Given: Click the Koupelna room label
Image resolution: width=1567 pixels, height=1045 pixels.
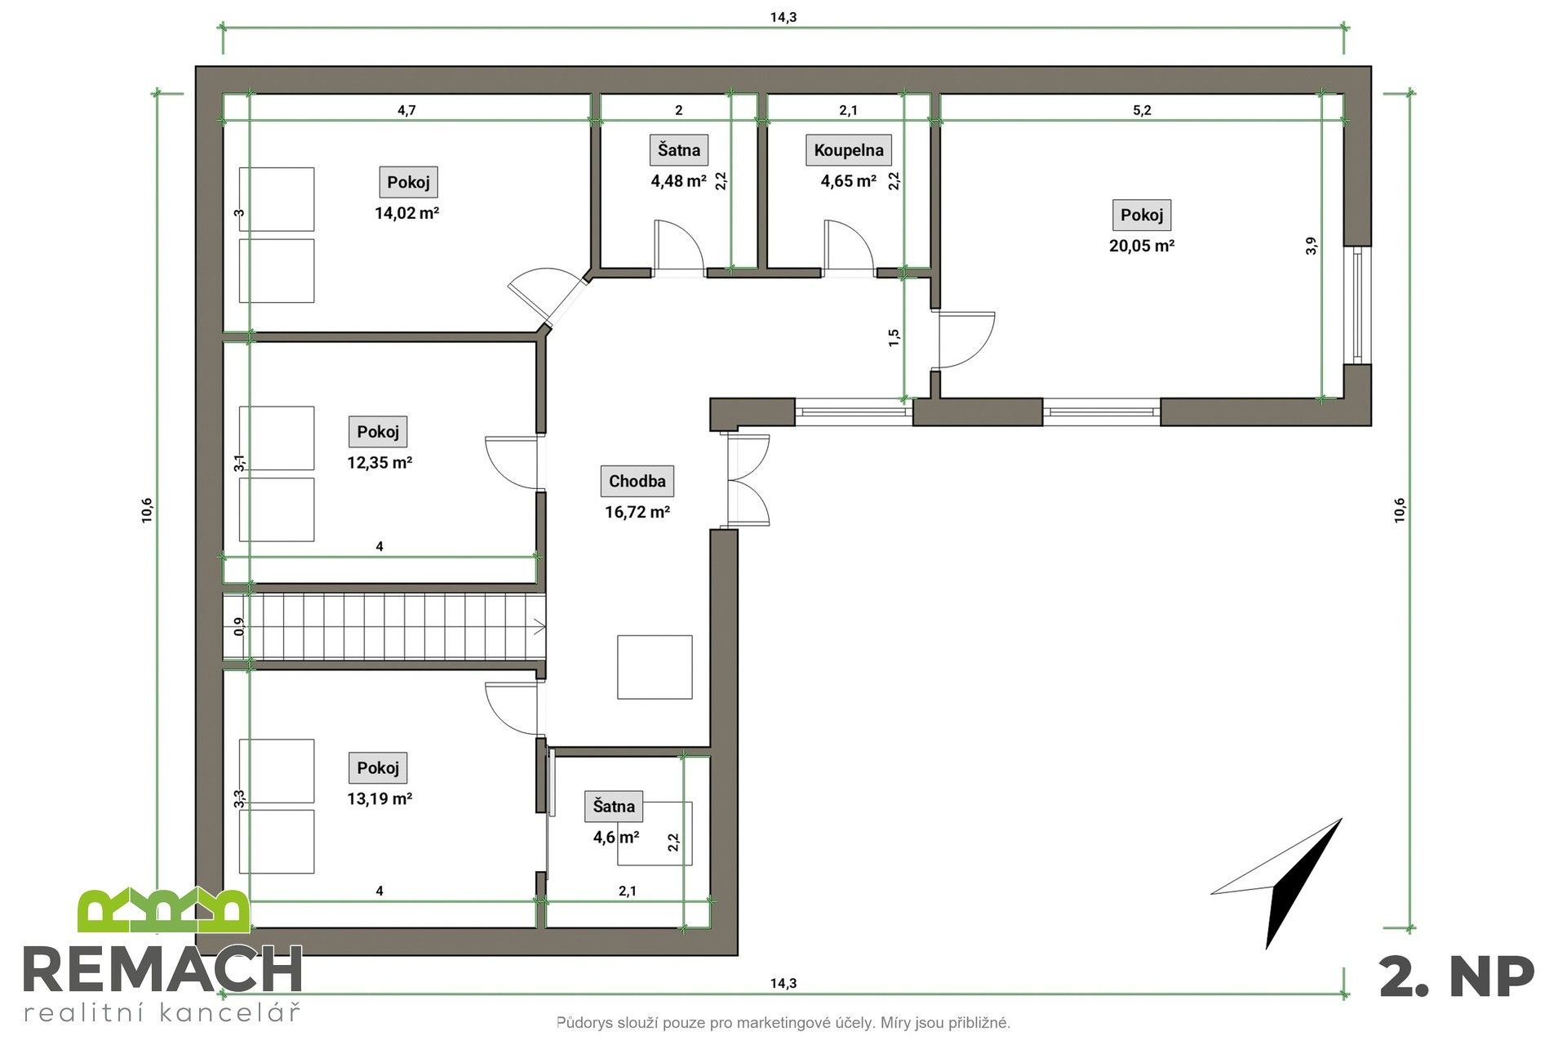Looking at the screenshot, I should [849, 150].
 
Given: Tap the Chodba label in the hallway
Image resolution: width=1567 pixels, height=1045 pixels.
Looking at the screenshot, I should [637, 481].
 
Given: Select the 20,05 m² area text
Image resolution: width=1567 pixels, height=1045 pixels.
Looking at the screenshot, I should [1141, 246].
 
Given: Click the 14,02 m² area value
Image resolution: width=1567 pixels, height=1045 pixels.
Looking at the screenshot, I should [407, 213].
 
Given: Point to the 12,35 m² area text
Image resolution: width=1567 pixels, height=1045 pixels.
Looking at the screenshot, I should [379, 462].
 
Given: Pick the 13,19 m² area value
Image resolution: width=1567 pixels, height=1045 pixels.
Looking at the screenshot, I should [379, 798].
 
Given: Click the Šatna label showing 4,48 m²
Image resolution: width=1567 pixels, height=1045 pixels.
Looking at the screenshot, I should [679, 150].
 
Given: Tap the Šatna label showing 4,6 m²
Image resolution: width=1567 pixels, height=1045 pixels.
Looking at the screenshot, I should [614, 807].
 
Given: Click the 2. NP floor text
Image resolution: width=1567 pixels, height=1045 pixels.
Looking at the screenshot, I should [1457, 976].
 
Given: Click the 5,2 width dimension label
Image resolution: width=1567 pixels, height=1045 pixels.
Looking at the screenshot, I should [1142, 111].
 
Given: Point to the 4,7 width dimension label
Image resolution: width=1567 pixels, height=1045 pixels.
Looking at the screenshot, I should [406, 111].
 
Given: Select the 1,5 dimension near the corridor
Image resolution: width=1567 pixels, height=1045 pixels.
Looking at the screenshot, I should [894, 338].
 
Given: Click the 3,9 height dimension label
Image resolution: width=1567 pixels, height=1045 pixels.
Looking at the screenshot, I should [1312, 246].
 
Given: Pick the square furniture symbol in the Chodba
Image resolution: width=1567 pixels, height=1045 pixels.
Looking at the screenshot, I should [655, 667].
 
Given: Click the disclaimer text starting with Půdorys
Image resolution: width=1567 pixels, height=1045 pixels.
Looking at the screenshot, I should [783, 1022].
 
